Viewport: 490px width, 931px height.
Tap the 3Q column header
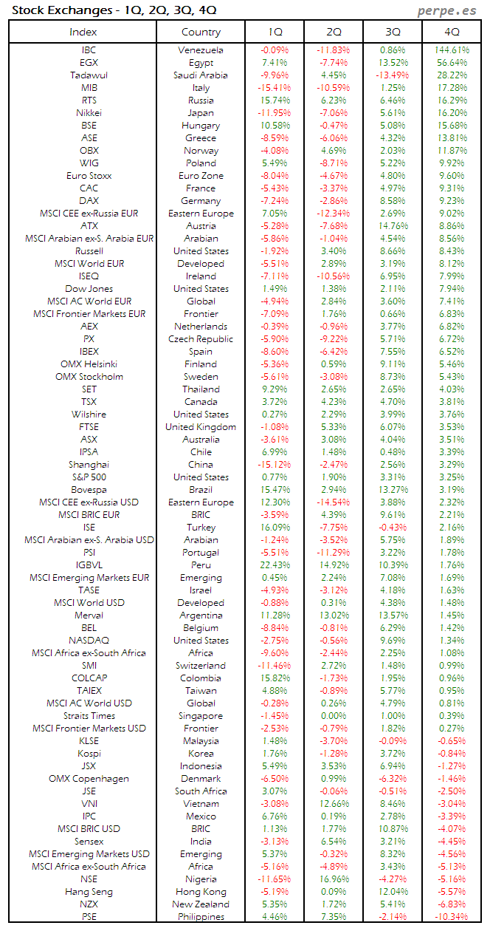(393, 32)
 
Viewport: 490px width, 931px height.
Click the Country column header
(201, 32)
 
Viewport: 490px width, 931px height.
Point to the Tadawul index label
(89, 75)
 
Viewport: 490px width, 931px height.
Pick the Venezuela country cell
(201, 50)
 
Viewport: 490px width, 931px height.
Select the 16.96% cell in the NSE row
(334, 879)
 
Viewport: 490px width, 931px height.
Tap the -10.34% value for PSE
(451, 917)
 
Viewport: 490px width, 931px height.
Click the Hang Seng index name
(89, 892)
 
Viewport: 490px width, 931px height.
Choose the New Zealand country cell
(201, 904)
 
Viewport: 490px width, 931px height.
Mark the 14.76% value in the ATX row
(393, 226)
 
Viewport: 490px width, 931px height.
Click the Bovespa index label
(89, 490)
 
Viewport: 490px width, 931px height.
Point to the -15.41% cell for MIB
(274, 88)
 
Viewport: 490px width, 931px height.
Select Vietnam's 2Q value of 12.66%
(334, 804)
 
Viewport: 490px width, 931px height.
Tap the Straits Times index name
(89, 716)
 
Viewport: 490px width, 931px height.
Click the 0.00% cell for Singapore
(334, 716)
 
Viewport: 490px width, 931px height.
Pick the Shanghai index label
(89, 465)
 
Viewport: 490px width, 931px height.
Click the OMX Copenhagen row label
(89, 779)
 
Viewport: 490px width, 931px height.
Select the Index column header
(83, 32)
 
